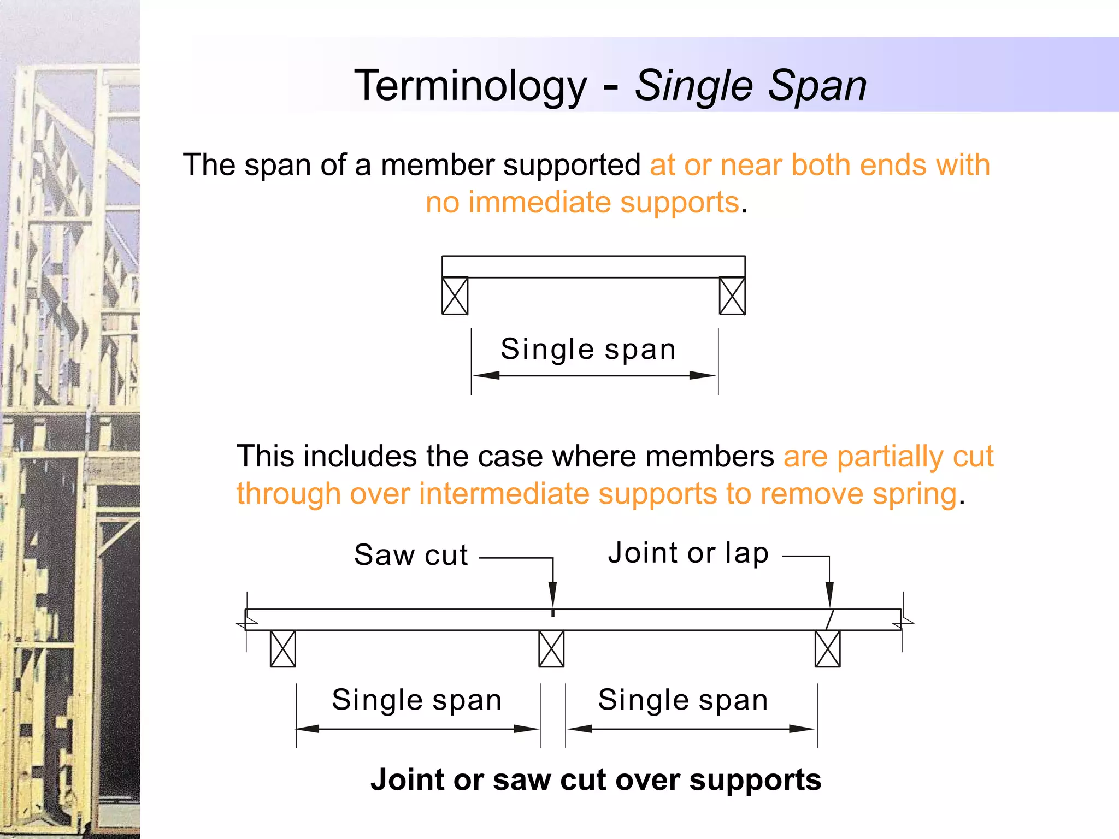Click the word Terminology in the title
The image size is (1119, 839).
click(470, 86)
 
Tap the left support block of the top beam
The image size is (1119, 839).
click(455, 296)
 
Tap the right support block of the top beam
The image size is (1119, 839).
click(732, 296)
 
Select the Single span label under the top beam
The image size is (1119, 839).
click(588, 350)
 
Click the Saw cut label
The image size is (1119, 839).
click(411, 556)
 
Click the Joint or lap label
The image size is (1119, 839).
click(688, 553)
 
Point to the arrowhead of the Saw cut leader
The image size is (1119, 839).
click(553, 595)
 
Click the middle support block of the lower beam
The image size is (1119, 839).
click(551, 649)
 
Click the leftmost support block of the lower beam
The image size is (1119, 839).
click(283, 649)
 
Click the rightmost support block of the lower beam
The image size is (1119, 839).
click(828, 649)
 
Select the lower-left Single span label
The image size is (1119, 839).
click(417, 700)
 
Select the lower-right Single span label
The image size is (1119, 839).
click(683, 700)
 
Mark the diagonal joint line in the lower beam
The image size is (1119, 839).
click(830, 619)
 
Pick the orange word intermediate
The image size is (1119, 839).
click(504, 494)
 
